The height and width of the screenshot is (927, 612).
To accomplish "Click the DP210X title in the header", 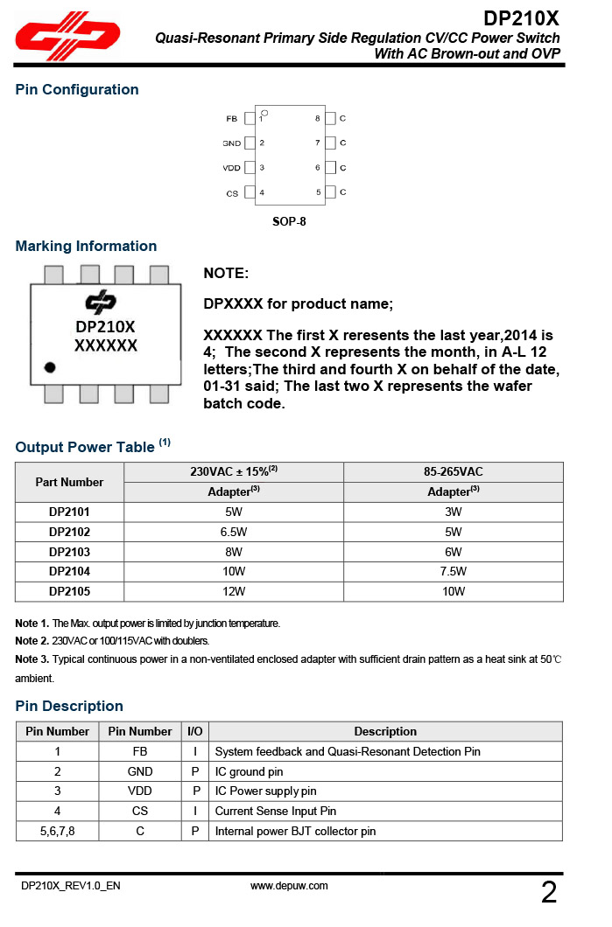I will click(521, 18).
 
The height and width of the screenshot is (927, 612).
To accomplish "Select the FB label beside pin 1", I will click(232, 118).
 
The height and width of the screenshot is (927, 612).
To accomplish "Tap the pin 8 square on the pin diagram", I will click(330, 118).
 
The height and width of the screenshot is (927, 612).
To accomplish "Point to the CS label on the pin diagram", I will click(232, 192).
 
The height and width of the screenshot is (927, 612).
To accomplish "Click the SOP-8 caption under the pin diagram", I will click(289, 221).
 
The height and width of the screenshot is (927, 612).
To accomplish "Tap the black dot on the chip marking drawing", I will click(51, 367).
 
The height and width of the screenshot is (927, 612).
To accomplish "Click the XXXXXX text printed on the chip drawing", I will click(106, 345).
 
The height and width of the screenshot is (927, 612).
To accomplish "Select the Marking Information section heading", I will click(86, 247).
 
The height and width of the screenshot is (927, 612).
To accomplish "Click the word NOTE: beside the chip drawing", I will click(226, 274).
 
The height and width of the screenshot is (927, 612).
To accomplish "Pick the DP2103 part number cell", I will click(69, 552).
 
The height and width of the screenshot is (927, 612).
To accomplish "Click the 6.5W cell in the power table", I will click(234, 532).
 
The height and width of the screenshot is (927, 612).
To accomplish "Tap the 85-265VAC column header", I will click(453, 472).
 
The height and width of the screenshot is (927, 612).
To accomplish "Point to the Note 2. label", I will click(32, 641).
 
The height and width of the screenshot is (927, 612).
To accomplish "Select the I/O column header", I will click(195, 732).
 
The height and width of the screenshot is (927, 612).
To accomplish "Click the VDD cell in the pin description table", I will click(140, 791).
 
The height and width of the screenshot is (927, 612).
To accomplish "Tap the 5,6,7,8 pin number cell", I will click(58, 832).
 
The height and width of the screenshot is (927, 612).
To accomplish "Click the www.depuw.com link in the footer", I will click(289, 886).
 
